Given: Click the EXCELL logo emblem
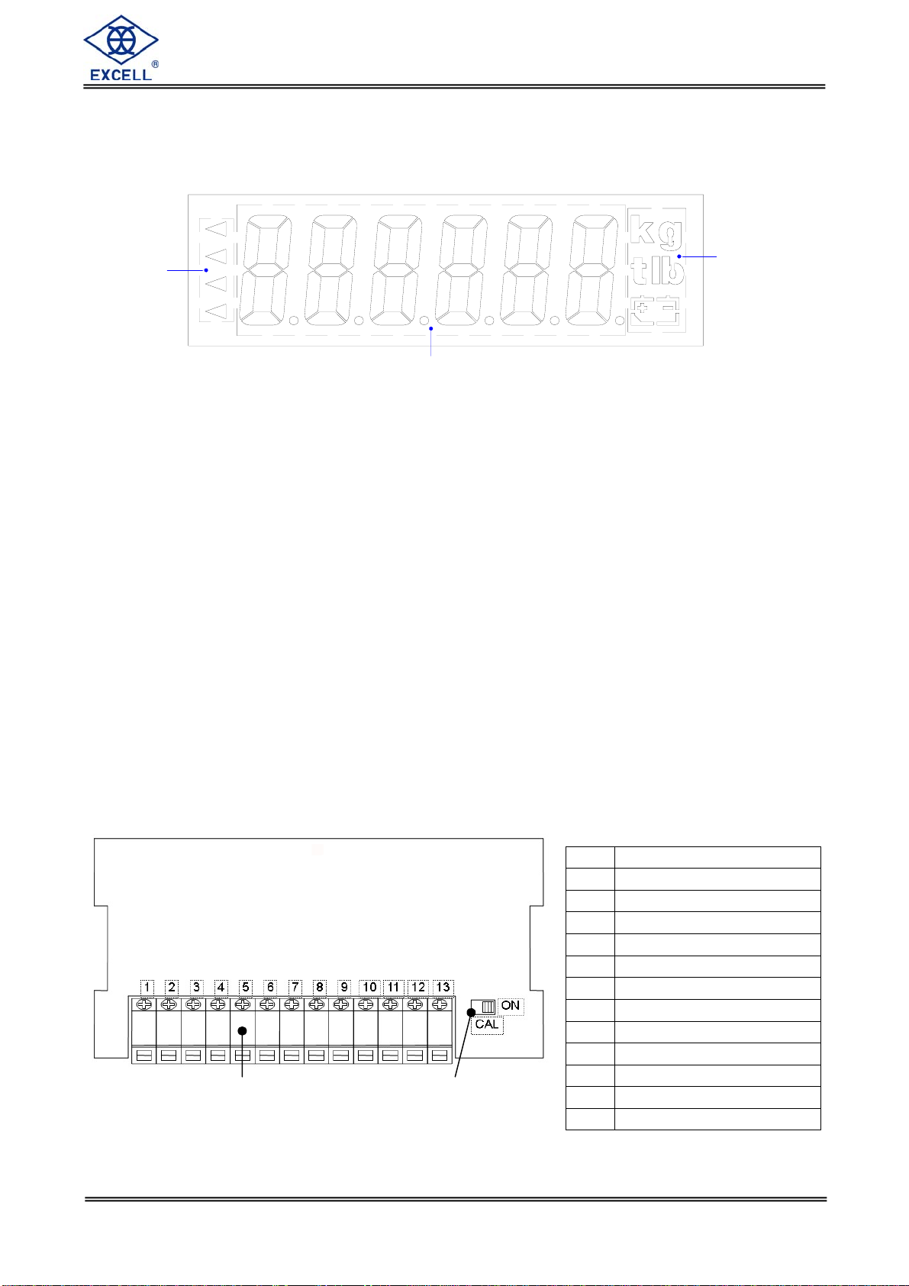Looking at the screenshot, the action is pyautogui.click(x=121, y=40).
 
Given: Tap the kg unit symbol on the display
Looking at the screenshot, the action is pyautogui.click(x=656, y=229).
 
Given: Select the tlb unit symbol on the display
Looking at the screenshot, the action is pyautogui.click(x=657, y=271).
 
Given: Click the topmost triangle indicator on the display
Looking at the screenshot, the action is pyautogui.click(x=217, y=227).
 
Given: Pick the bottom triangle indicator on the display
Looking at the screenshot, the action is pyautogui.click(x=217, y=311).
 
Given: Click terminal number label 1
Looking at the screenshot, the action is pyautogui.click(x=147, y=987).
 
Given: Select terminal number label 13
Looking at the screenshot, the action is pyautogui.click(x=443, y=987).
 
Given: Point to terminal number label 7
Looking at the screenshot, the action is pyautogui.click(x=295, y=987).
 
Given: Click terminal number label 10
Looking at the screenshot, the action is pyautogui.click(x=369, y=987).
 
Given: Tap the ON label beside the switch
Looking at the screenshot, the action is pyautogui.click(x=511, y=1005).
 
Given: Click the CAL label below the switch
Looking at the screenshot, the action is pyautogui.click(x=487, y=1024).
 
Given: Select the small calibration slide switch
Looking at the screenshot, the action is pyautogui.click(x=484, y=1007).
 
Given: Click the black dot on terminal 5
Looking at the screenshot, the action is pyautogui.click(x=243, y=1031).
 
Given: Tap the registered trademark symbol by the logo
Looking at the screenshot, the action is pyautogui.click(x=155, y=65).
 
